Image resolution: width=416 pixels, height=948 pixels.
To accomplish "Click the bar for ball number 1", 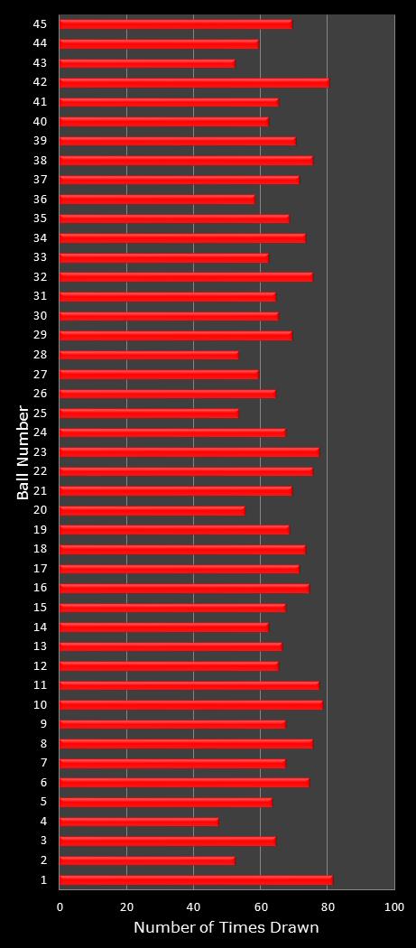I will coord(196,879).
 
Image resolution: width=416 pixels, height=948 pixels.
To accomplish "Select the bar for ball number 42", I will coord(194,82).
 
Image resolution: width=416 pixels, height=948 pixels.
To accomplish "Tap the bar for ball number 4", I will coord(139,822).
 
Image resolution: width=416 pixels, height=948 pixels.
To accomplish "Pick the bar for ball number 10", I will coord(191,704).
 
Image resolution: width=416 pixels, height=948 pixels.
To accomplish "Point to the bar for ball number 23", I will coord(190,451).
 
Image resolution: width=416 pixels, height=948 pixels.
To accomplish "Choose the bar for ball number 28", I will coord(149,355).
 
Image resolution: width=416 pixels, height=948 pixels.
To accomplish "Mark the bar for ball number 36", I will coord(157,199).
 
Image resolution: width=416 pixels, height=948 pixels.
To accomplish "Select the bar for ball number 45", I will coord(176,23).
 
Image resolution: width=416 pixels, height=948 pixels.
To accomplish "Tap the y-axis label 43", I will coord(40,62).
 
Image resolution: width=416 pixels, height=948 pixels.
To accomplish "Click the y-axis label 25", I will coord(40,413).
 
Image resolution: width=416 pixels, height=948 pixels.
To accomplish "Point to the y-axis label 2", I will coord(43,860).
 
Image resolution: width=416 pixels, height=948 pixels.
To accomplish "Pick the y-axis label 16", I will coord(40,588).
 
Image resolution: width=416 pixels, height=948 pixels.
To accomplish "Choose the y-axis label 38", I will coord(40,160).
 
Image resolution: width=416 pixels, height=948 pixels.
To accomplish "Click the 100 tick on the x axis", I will coord(394,906).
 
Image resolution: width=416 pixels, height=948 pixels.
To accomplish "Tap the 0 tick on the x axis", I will coord(60,906).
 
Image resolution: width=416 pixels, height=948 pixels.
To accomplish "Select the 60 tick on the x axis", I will coord(260,906).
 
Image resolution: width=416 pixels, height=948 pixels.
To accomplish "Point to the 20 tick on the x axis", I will coord(127,906).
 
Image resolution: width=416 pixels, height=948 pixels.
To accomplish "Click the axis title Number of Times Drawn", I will coord(226,928).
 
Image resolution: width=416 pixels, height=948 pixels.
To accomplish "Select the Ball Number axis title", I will coord(23,451).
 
